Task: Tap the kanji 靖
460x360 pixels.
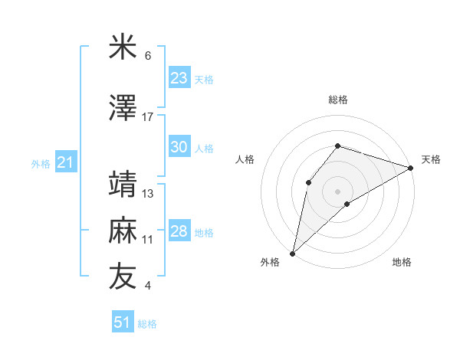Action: pos(123,184)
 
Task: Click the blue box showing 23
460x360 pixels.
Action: pos(179,78)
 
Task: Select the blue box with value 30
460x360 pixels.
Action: pos(179,147)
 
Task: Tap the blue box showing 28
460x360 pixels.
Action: pos(179,231)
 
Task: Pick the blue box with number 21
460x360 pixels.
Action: pos(66,162)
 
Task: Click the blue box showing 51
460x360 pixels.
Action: pos(123,322)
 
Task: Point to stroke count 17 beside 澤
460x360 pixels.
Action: pos(148,116)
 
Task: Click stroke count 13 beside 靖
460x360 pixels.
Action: pos(148,193)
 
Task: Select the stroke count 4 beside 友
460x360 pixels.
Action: pos(147,286)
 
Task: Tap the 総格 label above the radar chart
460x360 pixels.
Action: pos(337,100)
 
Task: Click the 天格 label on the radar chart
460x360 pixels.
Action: pos(431,159)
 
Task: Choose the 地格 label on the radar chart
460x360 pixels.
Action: pos(402,263)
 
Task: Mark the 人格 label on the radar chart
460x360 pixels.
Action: pos(245,159)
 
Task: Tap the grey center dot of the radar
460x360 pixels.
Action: pos(337,191)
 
